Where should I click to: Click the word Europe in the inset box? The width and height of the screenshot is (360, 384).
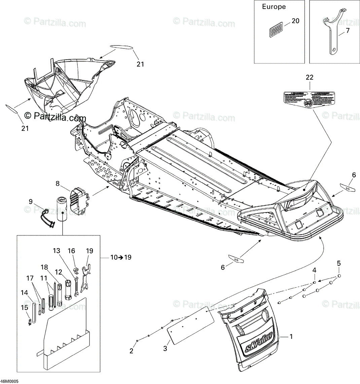click(x=274, y=7)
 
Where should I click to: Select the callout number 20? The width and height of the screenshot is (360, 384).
click(x=295, y=21)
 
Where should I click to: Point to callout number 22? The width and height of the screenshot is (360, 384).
click(x=310, y=77)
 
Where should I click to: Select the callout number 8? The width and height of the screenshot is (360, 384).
click(x=58, y=184)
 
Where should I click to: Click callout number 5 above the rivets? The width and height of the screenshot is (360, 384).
click(x=339, y=263)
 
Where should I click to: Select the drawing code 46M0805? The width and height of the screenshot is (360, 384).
click(x=9, y=381)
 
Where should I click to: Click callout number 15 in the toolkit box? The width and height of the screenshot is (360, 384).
click(x=25, y=308)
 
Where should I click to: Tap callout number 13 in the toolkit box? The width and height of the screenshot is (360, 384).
click(x=56, y=251)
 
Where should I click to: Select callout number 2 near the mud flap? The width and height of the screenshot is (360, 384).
click(x=132, y=351)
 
